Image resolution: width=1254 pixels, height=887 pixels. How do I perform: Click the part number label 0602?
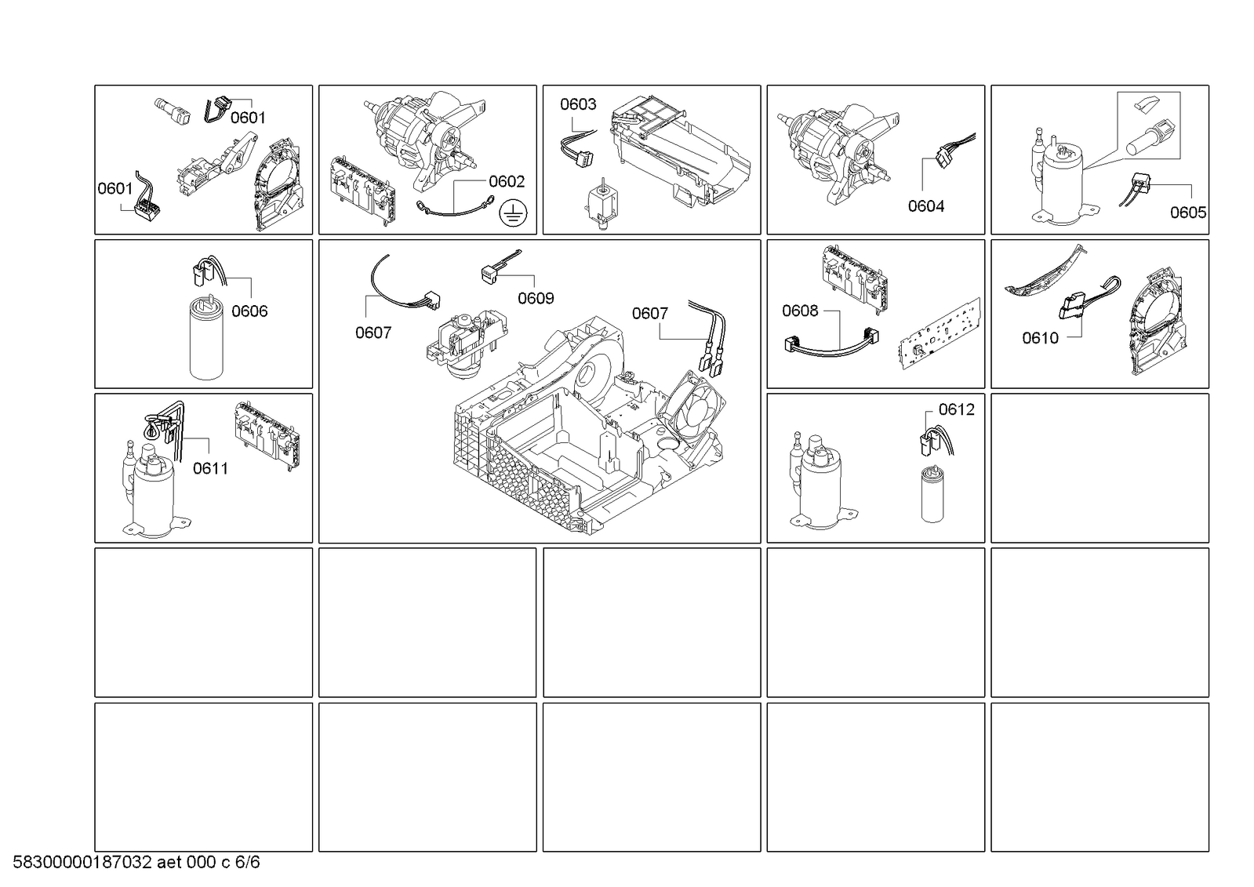(x=507, y=181)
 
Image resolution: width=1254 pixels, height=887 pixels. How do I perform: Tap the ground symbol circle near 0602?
(x=513, y=213)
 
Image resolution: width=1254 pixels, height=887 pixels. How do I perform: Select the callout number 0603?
(x=578, y=104)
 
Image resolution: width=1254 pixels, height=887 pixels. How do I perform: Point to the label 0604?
(x=926, y=206)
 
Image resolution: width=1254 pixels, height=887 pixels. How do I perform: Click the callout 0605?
(x=1188, y=213)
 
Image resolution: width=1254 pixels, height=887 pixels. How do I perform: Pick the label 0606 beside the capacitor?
(x=249, y=311)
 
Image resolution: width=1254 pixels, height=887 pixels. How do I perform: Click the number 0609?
(x=536, y=299)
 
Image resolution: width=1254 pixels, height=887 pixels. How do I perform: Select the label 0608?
(x=800, y=311)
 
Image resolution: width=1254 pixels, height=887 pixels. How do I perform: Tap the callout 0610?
(x=1040, y=338)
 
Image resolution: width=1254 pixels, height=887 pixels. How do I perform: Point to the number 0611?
(x=210, y=468)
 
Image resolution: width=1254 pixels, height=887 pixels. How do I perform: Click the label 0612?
(x=956, y=409)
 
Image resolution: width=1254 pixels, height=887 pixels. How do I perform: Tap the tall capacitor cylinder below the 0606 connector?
(x=206, y=337)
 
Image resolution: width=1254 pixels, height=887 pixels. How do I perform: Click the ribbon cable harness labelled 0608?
(x=832, y=344)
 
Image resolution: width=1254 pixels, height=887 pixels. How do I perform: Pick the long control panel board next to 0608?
(x=940, y=334)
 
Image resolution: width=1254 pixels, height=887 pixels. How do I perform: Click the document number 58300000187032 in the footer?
(x=82, y=863)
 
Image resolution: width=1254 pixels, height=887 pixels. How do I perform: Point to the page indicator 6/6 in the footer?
(x=247, y=863)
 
